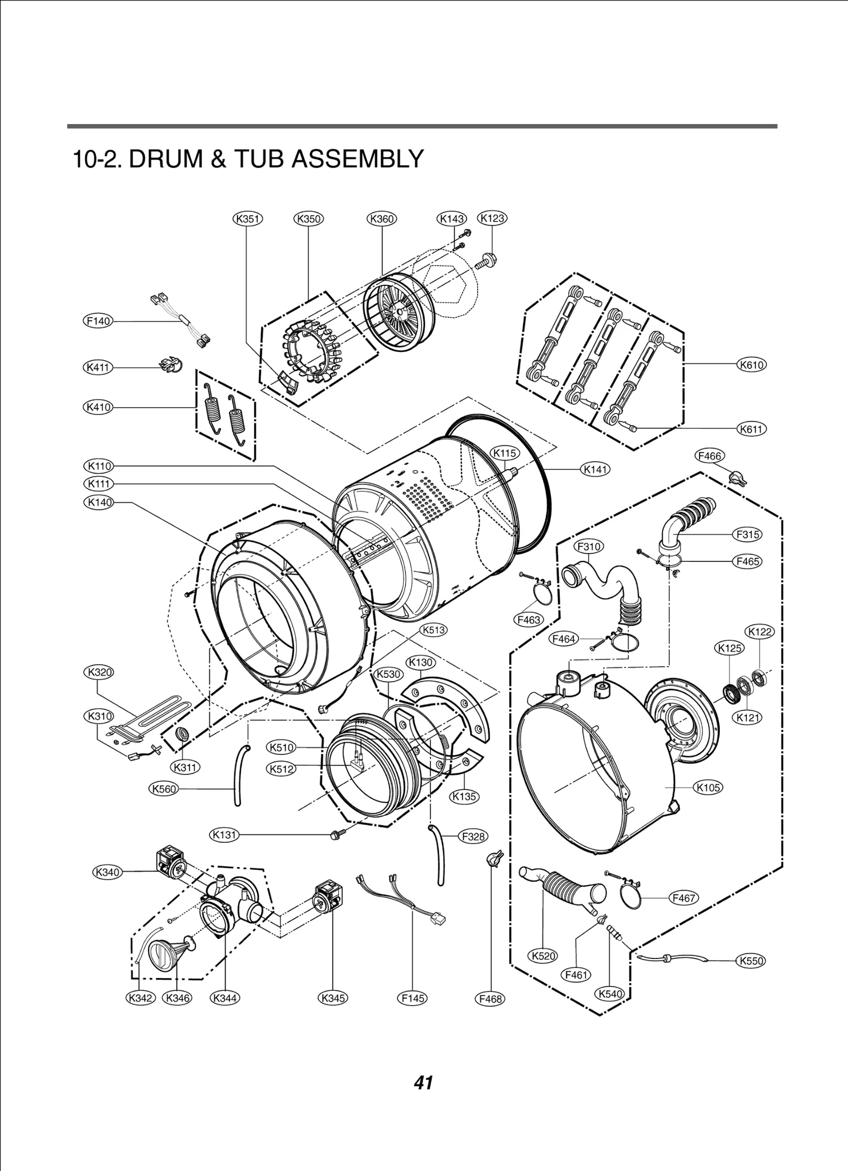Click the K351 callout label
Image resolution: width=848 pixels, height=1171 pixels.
(248, 218)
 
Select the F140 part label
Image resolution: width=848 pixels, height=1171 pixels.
(99, 321)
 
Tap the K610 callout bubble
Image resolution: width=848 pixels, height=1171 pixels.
(752, 365)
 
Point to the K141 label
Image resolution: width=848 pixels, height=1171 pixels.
(596, 469)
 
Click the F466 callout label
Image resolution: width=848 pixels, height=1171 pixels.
(709, 456)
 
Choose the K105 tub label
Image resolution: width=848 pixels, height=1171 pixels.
(709, 788)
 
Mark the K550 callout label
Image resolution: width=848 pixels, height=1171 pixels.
(751, 961)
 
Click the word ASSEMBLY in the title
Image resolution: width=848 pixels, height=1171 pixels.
(358, 159)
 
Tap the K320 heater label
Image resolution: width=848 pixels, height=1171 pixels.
(99, 672)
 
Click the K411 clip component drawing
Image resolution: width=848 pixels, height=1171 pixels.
(169, 364)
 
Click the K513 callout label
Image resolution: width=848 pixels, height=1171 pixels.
(433, 630)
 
